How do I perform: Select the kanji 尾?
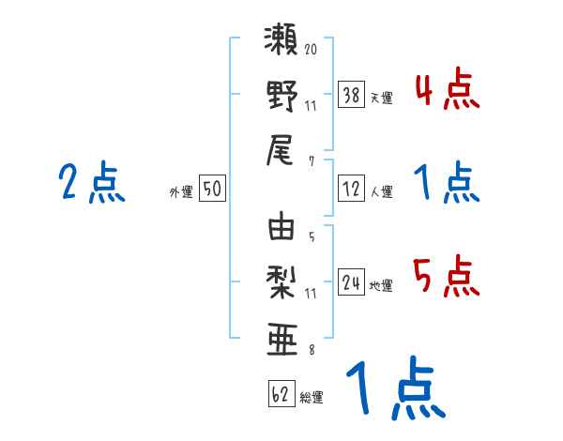[282, 149]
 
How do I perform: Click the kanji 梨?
[282, 281]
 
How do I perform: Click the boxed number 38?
[352, 95]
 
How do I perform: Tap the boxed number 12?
[352, 190]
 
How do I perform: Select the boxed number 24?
[352, 283]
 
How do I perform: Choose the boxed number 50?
[212, 190]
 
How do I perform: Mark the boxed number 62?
[281, 395]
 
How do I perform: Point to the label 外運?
[181, 192]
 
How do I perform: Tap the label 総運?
[312, 398]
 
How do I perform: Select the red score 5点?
[447, 278]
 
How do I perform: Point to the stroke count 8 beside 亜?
[311, 350]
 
